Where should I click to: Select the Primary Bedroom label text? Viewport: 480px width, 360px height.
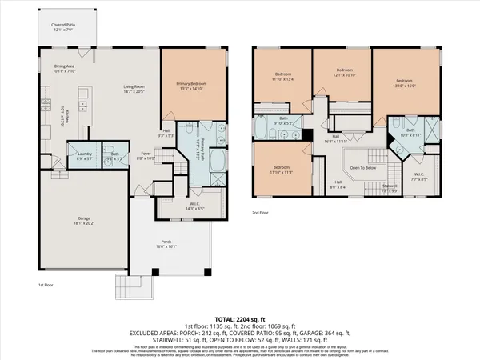[190, 83]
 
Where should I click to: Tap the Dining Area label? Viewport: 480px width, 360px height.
[64, 66]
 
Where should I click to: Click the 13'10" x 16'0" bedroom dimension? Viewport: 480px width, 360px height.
[406, 85]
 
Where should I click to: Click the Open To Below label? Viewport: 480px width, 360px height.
[362, 168]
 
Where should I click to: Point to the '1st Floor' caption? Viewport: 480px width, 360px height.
[46, 284]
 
